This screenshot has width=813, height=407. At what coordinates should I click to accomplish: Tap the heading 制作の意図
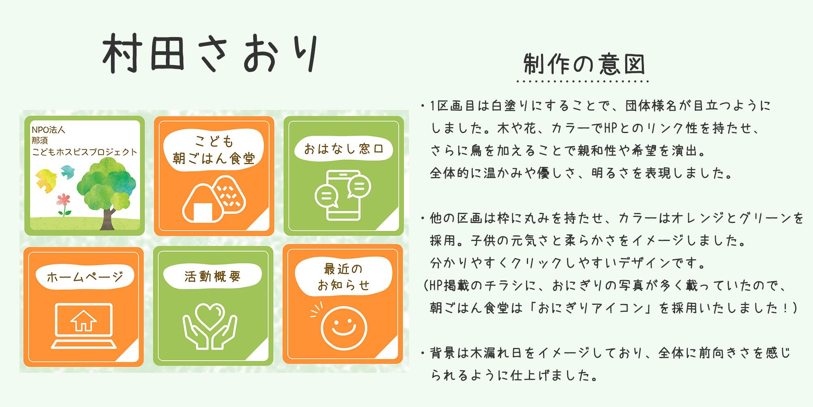pyautogui.click(x=584, y=64)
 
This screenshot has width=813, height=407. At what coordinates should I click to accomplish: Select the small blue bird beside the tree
pyautogui.click(x=67, y=171)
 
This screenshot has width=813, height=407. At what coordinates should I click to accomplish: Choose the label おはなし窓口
pyautogui.click(x=343, y=149)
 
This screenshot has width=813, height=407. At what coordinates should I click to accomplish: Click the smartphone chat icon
pyautogui.click(x=343, y=195)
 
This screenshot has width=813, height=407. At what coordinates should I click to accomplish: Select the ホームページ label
pyautogui.click(x=85, y=277)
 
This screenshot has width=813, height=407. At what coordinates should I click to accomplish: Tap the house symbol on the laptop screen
pyautogui.click(x=83, y=321)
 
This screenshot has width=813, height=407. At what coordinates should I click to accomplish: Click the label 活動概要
pyautogui.click(x=213, y=276)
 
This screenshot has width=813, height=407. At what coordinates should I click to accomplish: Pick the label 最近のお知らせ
pyautogui.click(x=343, y=277)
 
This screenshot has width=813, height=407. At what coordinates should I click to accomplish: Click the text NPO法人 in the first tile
pyautogui.click(x=48, y=130)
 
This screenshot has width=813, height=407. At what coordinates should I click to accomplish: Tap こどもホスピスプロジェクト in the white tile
pyautogui.click(x=85, y=152)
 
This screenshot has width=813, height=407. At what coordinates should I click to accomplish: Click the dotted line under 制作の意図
pyautogui.click(x=582, y=81)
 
